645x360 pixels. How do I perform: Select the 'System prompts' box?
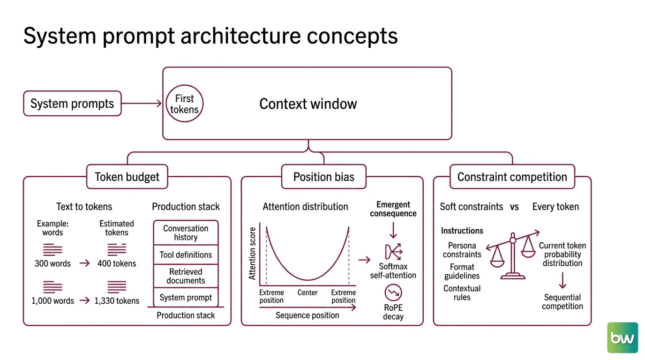coord(72,104)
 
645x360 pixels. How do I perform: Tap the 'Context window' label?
coord(308,104)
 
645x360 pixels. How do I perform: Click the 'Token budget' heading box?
coord(127,177)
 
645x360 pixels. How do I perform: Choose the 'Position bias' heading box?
coord(323,177)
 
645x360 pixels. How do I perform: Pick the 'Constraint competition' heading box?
coord(512,177)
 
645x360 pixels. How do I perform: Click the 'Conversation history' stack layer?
coord(186,232)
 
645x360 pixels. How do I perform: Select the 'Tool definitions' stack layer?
coord(186,255)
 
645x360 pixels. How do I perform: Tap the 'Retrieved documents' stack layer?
coord(186,276)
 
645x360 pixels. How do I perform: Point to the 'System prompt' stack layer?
coord(186,297)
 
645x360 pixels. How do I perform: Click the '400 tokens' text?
coord(117,263)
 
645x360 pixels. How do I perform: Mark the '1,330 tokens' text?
coord(117,300)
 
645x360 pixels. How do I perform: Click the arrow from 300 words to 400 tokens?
coord(85,263)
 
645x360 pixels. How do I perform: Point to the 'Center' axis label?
coord(307,292)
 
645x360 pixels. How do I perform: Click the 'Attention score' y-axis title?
coord(252,254)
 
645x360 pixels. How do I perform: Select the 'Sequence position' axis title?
coord(307,315)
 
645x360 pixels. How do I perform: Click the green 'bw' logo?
coord(622,337)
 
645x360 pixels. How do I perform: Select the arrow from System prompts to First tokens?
coord(142,104)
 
